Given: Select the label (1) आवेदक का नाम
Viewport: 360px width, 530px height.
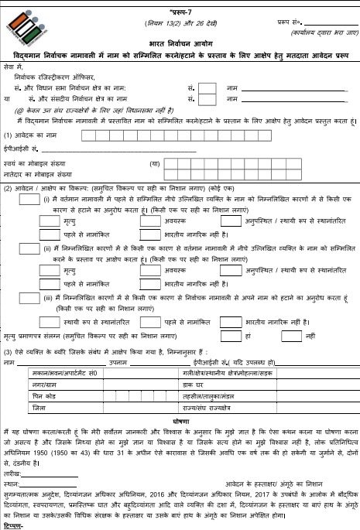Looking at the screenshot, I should click(31, 135).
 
